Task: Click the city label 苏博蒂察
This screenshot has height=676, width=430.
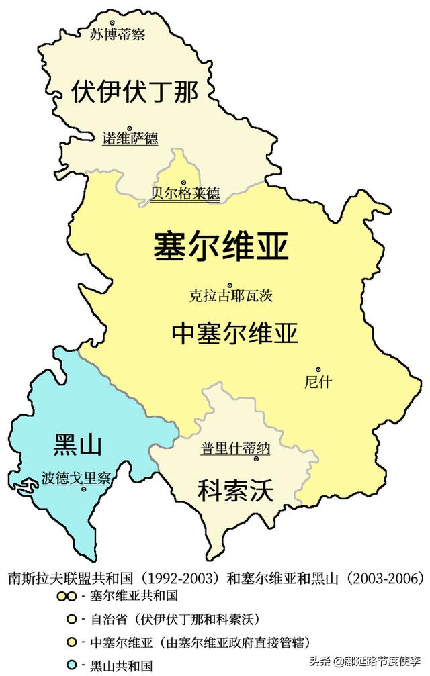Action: click(118, 34)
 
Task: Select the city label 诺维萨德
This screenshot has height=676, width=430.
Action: click(130, 138)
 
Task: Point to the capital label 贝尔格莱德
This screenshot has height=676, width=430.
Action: click(185, 194)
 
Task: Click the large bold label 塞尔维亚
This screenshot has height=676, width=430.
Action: click(221, 247)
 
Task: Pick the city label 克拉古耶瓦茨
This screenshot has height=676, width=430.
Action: click(230, 295)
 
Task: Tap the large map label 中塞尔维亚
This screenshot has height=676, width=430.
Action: click(235, 333)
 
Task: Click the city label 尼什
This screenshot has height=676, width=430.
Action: click(318, 382)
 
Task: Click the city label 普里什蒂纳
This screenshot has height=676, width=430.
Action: click(235, 448)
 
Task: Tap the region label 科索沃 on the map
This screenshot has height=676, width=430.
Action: click(235, 491)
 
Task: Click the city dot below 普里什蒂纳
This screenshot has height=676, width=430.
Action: click(256, 459)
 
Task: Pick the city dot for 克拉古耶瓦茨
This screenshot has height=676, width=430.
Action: click(230, 285)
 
